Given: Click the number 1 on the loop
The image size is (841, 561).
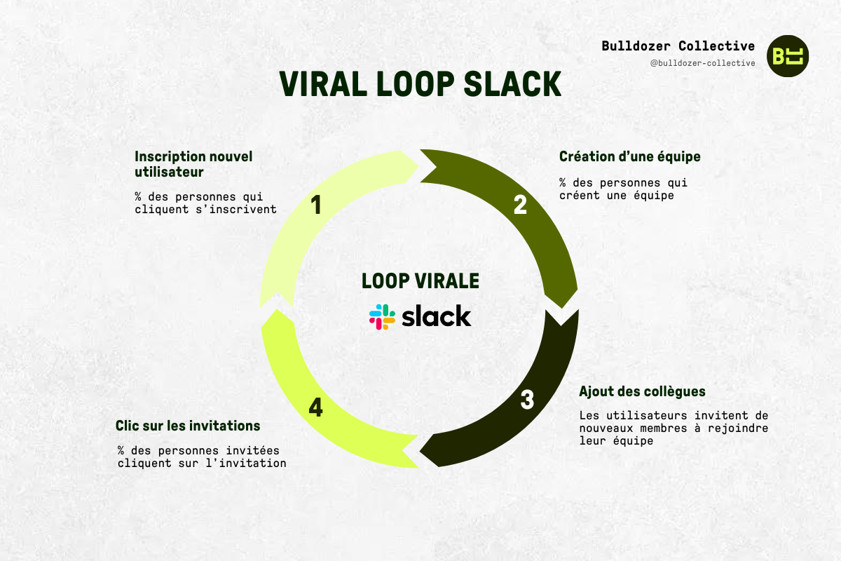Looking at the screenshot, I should point(316,205).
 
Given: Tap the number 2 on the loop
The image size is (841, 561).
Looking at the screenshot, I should point(520,204).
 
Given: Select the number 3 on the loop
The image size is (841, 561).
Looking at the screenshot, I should point(527,400).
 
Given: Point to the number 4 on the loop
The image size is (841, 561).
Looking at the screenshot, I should point(315,407).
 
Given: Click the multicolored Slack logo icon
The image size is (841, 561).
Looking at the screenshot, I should point(383,317).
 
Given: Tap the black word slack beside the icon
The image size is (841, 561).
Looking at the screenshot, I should point(436,316).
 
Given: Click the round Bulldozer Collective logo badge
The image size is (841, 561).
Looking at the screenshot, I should point(788,55).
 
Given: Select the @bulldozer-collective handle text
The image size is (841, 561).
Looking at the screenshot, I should point(702,63).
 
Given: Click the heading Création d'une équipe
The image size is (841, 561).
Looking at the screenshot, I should point(629,156).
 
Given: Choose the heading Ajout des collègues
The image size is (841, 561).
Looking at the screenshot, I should point(642,391).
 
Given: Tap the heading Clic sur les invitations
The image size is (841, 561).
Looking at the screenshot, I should point(188,426).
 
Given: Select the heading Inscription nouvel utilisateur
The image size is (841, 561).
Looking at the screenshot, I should point(193,163).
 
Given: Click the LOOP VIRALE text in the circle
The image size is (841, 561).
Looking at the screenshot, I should point(420,281).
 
